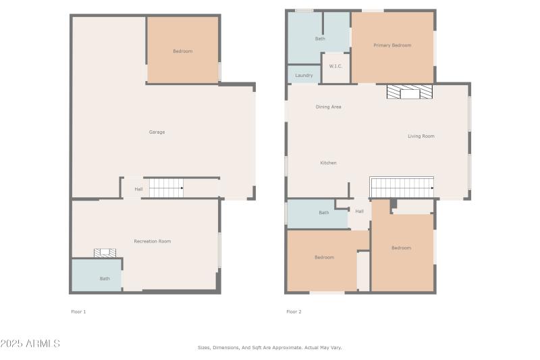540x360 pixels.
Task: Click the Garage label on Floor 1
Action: pyautogui.click(x=157, y=132)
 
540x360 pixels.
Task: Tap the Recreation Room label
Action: pyautogui.click(x=152, y=241)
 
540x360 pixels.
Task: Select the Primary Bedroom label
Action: pyautogui.click(x=392, y=45)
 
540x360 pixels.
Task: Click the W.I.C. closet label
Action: pyautogui.click(x=335, y=66)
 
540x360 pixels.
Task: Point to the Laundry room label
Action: pyautogui.click(x=304, y=76)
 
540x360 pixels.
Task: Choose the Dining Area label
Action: pyautogui.click(x=328, y=107)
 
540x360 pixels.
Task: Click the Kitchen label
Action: pyautogui.click(x=328, y=163)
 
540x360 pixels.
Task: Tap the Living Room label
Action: pyautogui.click(x=421, y=136)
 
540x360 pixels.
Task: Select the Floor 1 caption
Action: pyautogui.click(x=78, y=312)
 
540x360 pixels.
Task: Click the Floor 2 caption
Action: pyautogui.click(x=294, y=312)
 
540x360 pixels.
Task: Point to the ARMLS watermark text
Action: pyautogui.click(x=30, y=344)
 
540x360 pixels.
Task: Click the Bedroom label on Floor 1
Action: pyautogui.click(x=182, y=51)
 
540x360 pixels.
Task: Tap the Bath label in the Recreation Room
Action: pyautogui.click(x=105, y=278)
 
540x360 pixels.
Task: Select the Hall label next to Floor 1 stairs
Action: pyautogui.click(x=138, y=189)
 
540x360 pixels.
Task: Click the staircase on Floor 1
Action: pyautogui.click(x=166, y=188)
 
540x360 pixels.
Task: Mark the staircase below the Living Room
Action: pyautogui.click(x=402, y=187)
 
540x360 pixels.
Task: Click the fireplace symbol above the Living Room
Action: pyautogui.click(x=409, y=92)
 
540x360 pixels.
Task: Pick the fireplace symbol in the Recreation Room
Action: pyautogui.click(x=105, y=253)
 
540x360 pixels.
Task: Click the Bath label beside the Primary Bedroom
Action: pyautogui.click(x=320, y=38)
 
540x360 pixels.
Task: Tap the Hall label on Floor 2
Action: pyautogui.click(x=359, y=211)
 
